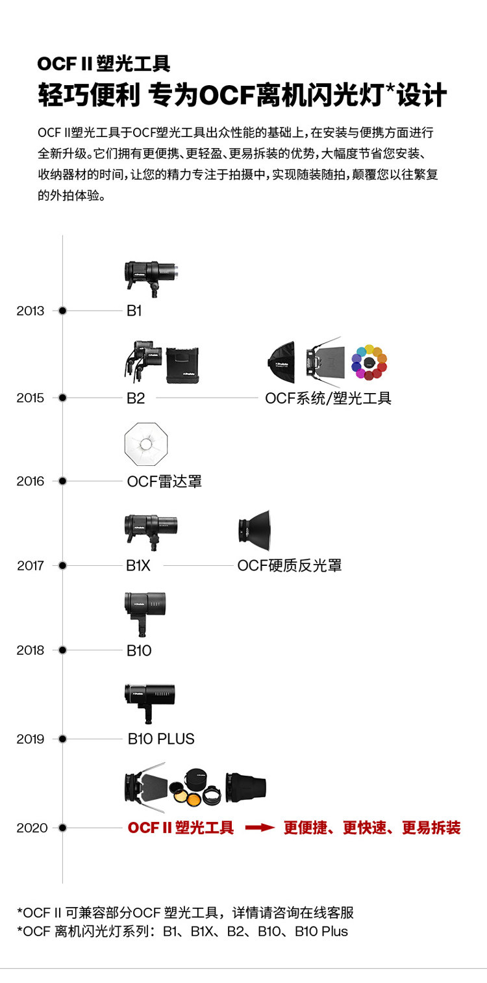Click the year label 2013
point(31,311)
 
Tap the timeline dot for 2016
point(62,481)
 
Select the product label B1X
point(138,566)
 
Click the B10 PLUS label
point(161,739)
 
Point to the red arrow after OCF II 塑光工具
point(260,828)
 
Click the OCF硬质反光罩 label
point(289,566)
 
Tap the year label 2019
point(31,739)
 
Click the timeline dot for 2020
point(62,828)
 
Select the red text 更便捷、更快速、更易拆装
point(372,828)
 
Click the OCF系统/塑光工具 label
point(328,398)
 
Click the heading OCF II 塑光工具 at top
point(104,64)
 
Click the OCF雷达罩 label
point(164,481)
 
